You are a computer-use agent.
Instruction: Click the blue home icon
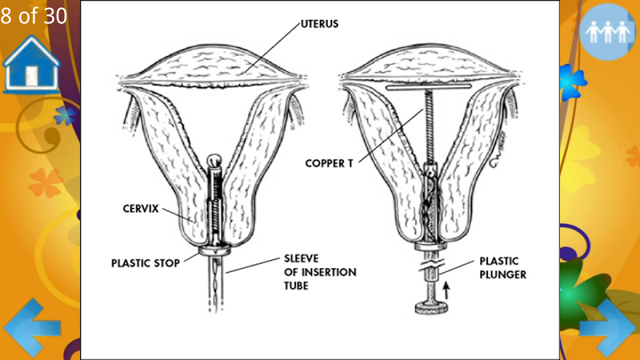(31, 64)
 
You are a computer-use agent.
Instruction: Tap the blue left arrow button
(32, 327)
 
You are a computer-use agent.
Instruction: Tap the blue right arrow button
(608, 328)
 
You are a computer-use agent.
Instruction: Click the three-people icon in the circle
(608, 32)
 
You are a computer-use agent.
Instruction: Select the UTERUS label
(319, 24)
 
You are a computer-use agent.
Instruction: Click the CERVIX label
(141, 209)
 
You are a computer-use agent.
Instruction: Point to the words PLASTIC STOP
(146, 263)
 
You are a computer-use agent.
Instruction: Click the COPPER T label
(329, 163)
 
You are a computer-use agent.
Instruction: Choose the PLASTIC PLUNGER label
(502, 268)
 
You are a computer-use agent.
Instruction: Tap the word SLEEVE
(302, 258)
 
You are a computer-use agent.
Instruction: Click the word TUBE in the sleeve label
(296, 286)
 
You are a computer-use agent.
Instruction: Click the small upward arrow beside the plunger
(446, 290)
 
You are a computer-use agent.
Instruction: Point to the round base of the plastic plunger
(431, 307)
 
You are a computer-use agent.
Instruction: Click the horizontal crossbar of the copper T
(430, 87)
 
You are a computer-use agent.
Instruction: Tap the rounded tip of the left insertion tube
(214, 160)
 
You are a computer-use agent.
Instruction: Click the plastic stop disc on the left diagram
(214, 250)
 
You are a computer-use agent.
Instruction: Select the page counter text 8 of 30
(34, 15)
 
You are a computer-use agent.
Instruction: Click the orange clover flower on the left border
(46, 182)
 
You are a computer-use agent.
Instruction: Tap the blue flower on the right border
(572, 82)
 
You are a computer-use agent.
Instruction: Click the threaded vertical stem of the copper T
(429, 126)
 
